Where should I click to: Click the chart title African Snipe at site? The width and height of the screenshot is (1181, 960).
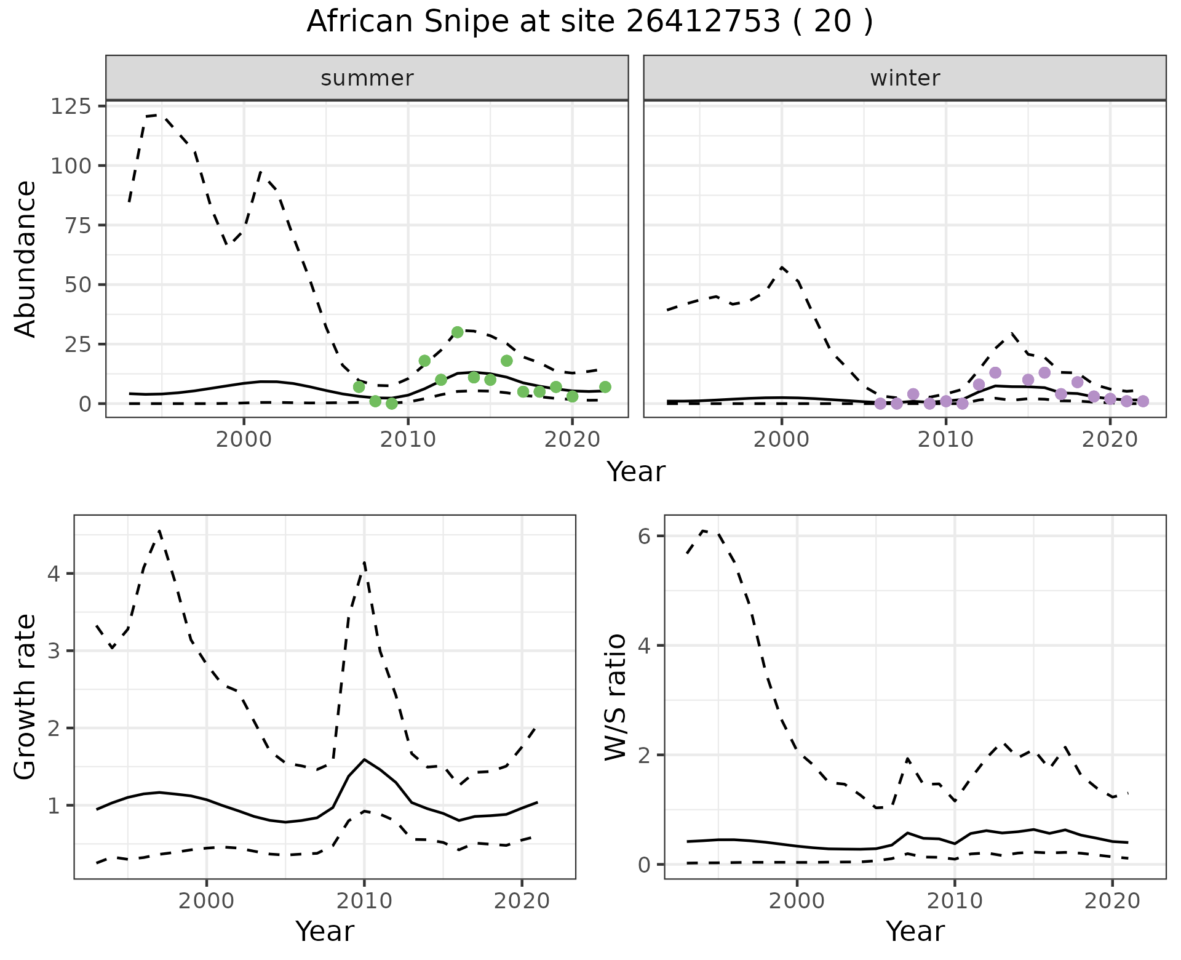click(x=589, y=22)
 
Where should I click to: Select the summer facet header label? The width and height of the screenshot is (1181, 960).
click(x=367, y=78)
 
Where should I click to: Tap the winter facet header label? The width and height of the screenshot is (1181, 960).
click(x=905, y=78)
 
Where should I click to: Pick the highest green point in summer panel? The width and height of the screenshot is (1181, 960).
click(x=457, y=332)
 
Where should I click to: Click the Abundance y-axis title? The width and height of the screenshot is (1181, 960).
click(x=26, y=259)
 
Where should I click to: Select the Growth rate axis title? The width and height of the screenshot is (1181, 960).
click(x=26, y=697)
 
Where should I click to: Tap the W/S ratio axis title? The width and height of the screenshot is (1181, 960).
click(x=616, y=697)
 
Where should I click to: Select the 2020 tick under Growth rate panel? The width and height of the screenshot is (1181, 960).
click(x=521, y=902)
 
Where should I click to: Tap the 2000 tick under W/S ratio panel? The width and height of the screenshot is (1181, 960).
click(x=797, y=902)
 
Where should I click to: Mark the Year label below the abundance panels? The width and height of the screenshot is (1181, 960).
click(x=636, y=472)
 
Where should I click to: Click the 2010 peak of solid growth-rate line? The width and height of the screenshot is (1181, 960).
click(x=364, y=759)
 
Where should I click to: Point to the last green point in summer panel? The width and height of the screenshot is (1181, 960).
click(x=605, y=387)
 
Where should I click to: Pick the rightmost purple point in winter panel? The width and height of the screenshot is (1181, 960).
click(x=1143, y=401)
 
